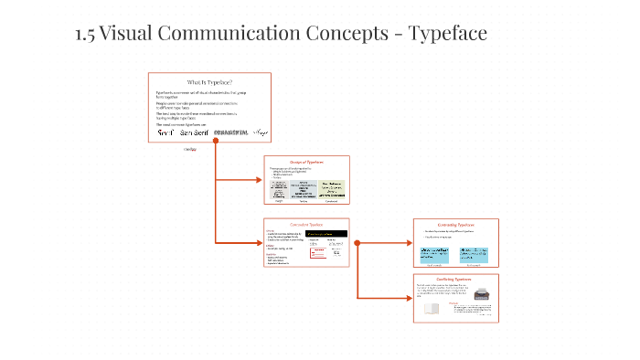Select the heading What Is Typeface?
[209, 82]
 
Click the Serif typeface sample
[165, 132]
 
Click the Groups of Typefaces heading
[306, 162]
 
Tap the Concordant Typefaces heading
[306, 224]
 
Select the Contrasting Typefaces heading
[456, 224]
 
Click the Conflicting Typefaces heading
[456, 278]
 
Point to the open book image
[432, 309]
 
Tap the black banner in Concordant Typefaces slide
[327, 234]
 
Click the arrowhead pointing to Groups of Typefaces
[259, 180]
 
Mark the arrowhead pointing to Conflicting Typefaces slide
[409, 298]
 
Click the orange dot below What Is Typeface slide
[216, 144]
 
